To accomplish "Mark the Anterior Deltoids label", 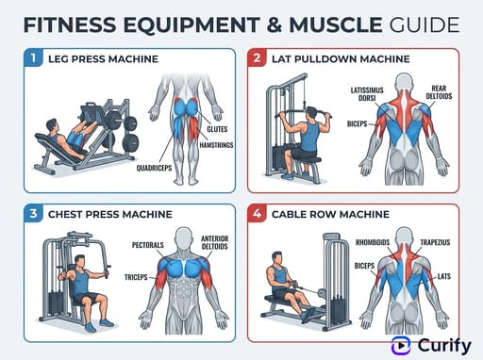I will [216, 243].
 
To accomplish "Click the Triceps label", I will [139, 278].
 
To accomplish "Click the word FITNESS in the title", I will [71, 22].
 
